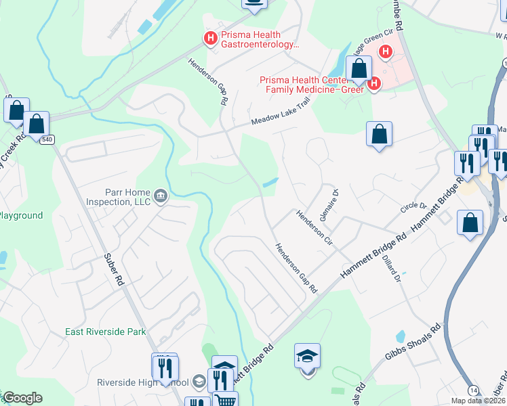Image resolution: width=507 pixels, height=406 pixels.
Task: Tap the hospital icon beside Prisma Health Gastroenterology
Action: [x=210, y=37]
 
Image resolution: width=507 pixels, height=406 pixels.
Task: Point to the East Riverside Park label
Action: [x=106, y=332]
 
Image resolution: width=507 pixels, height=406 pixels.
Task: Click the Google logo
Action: [x=22, y=398]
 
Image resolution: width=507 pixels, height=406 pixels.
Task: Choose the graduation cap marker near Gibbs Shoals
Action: [x=307, y=355]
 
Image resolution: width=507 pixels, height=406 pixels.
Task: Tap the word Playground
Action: [x=21, y=216]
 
